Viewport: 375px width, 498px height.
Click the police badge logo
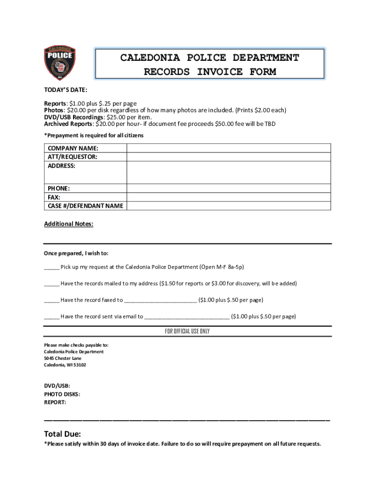60,63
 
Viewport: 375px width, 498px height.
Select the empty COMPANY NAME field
229,148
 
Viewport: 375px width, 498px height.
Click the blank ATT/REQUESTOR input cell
229,157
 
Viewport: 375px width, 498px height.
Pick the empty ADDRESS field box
229,172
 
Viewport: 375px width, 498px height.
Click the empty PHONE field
229,188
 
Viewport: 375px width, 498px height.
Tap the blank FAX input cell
229,197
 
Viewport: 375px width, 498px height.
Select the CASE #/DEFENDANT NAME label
85,206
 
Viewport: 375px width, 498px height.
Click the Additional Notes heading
69,224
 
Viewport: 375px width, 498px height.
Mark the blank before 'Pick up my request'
52,267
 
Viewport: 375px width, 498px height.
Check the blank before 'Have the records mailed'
52,284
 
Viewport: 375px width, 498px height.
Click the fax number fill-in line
161,301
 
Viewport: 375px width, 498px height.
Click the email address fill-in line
187,317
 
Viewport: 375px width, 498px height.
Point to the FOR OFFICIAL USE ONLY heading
187,331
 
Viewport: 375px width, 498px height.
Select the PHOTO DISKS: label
62,394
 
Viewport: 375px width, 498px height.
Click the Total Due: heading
62,434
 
